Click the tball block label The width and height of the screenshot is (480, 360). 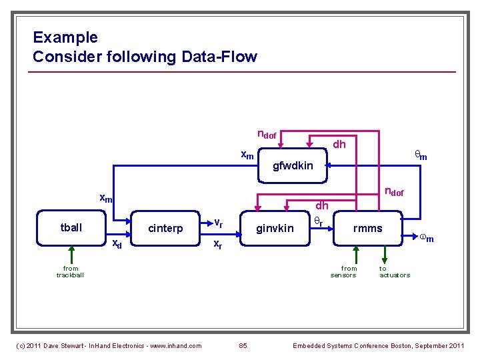click(71, 228)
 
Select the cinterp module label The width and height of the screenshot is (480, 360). click(165, 229)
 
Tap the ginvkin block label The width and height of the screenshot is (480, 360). click(275, 229)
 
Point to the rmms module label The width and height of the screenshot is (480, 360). click(367, 229)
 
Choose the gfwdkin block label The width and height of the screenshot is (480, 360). click(293, 165)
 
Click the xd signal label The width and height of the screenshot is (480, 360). click(116, 243)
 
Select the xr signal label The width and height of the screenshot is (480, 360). click(217, 245)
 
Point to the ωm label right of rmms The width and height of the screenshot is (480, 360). click(426, 237)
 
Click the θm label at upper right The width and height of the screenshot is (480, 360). click(421, 155)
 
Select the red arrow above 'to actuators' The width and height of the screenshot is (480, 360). click(384, 253)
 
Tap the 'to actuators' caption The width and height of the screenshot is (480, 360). click(395, 271)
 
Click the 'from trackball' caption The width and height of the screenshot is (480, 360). click(70, 271)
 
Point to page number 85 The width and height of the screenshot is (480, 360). click(243, 345)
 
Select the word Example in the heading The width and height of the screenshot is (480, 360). click(65, 37)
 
